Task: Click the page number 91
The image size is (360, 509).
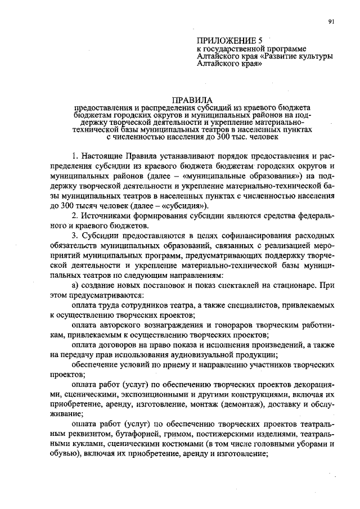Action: click(332, 22)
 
